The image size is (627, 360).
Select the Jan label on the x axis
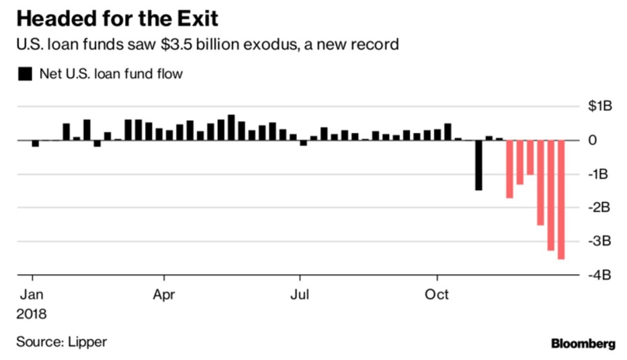pos(31,295)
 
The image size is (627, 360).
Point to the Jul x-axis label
pos(300,295)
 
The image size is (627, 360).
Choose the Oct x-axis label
pos(437,295)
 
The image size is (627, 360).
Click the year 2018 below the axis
pos(32,314)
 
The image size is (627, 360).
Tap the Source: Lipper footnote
pos(62,342)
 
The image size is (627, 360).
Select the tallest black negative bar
pos(478,165)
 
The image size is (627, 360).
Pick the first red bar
pos(509,169)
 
